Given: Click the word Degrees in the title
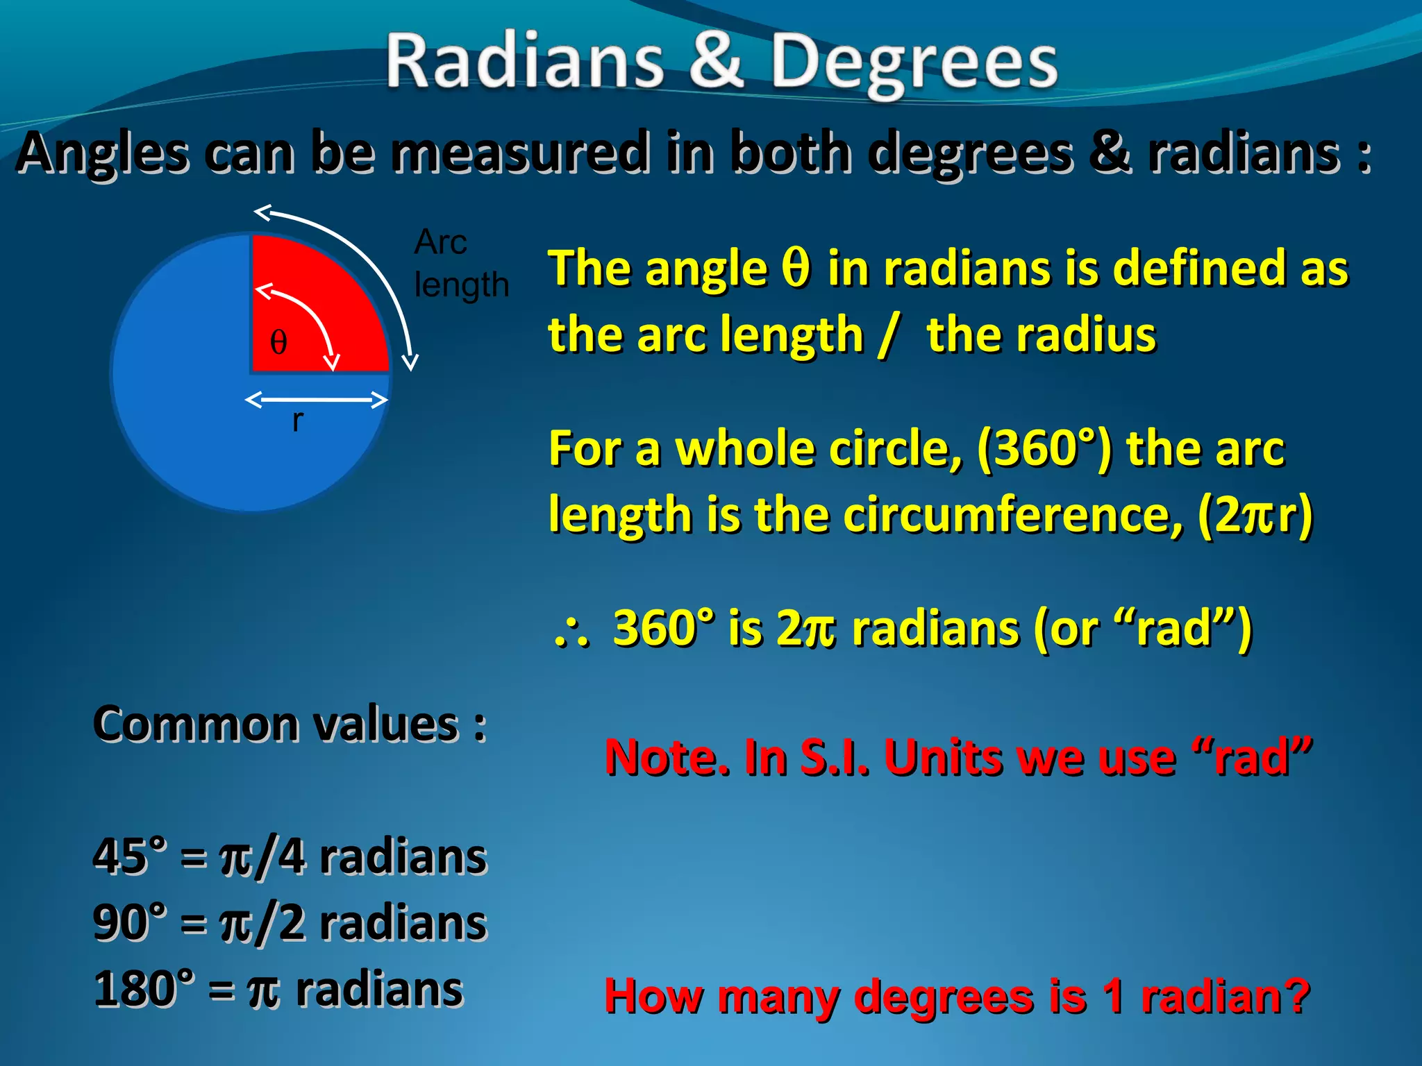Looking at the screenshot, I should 914,64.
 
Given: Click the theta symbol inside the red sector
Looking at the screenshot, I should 278,342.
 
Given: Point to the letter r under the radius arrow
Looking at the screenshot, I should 297,421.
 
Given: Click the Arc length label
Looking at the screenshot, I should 460,264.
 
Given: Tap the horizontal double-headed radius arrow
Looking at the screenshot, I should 316,400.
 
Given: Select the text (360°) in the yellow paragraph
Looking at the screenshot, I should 1045,448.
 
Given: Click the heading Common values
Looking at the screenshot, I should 290,724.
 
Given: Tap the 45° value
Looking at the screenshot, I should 131,856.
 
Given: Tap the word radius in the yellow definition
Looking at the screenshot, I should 1042,335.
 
